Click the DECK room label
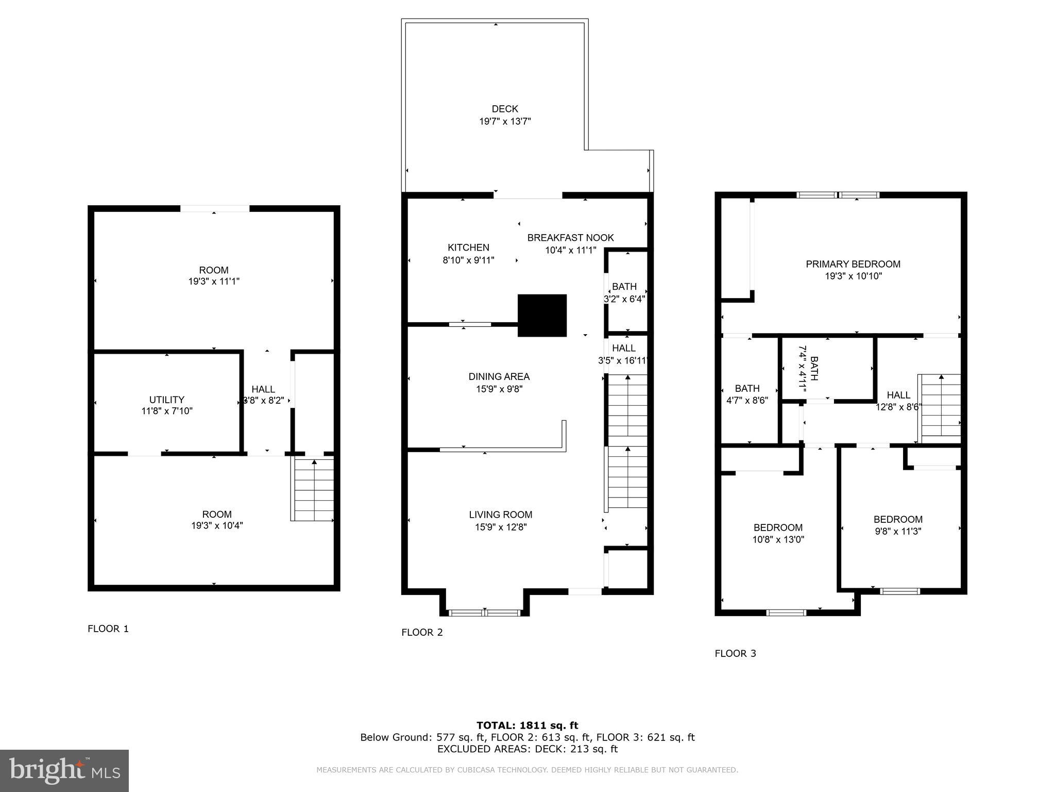(504, 109)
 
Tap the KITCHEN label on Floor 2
(468, 247)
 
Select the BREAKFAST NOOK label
(570, 238)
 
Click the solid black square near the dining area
(542, 316)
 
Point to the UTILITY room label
(166, 400)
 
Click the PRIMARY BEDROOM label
(853, 264)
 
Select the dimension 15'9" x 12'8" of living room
(501, 527)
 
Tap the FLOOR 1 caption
(108, 629)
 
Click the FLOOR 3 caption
(735, 653)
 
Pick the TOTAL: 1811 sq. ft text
(527, 725)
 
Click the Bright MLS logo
(64, 770)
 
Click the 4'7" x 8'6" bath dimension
(747, 400)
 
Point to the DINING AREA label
(499, 377)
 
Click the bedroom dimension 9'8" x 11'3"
(898, 531)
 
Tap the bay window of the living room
(484, 612)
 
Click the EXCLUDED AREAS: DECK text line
(527, 749)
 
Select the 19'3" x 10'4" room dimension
(217, 525)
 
